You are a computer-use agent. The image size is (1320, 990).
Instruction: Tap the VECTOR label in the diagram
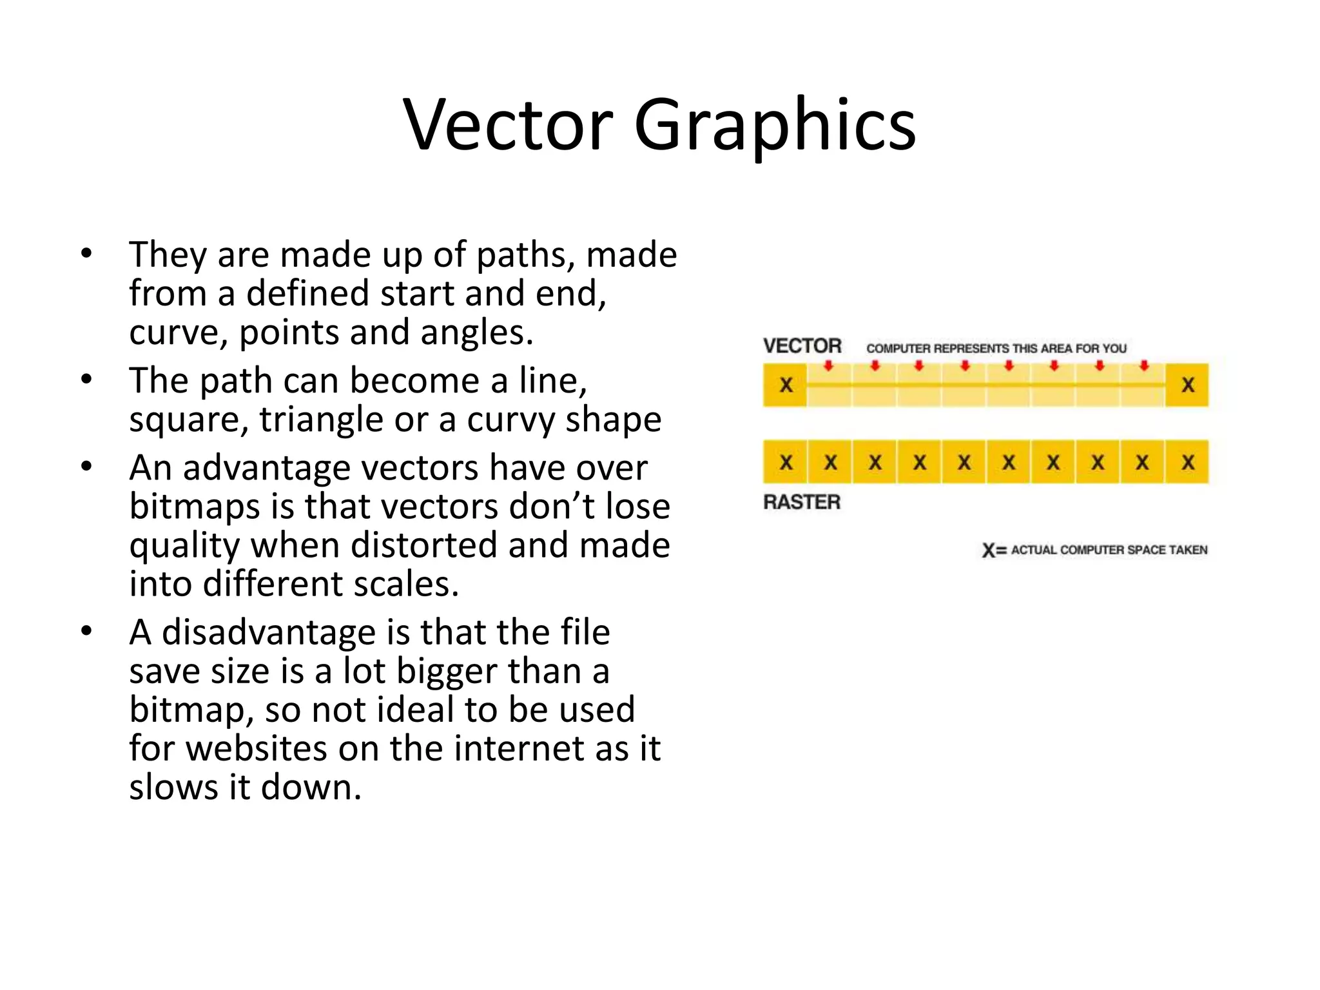802,346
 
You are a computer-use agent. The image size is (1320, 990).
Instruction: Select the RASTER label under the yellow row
802,502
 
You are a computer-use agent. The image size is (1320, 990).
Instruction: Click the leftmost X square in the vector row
786,385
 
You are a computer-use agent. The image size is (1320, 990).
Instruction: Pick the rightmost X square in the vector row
1187,385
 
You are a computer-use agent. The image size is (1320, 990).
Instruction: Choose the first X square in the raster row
786,462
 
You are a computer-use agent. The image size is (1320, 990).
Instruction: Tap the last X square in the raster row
1187,462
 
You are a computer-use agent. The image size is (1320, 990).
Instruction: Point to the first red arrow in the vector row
829,366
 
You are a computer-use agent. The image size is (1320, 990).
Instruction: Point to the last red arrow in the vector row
1144,366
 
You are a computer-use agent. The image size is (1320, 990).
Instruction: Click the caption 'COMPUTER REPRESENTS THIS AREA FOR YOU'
996,349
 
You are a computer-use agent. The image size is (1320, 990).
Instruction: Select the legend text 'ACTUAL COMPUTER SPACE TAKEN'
1109,550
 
